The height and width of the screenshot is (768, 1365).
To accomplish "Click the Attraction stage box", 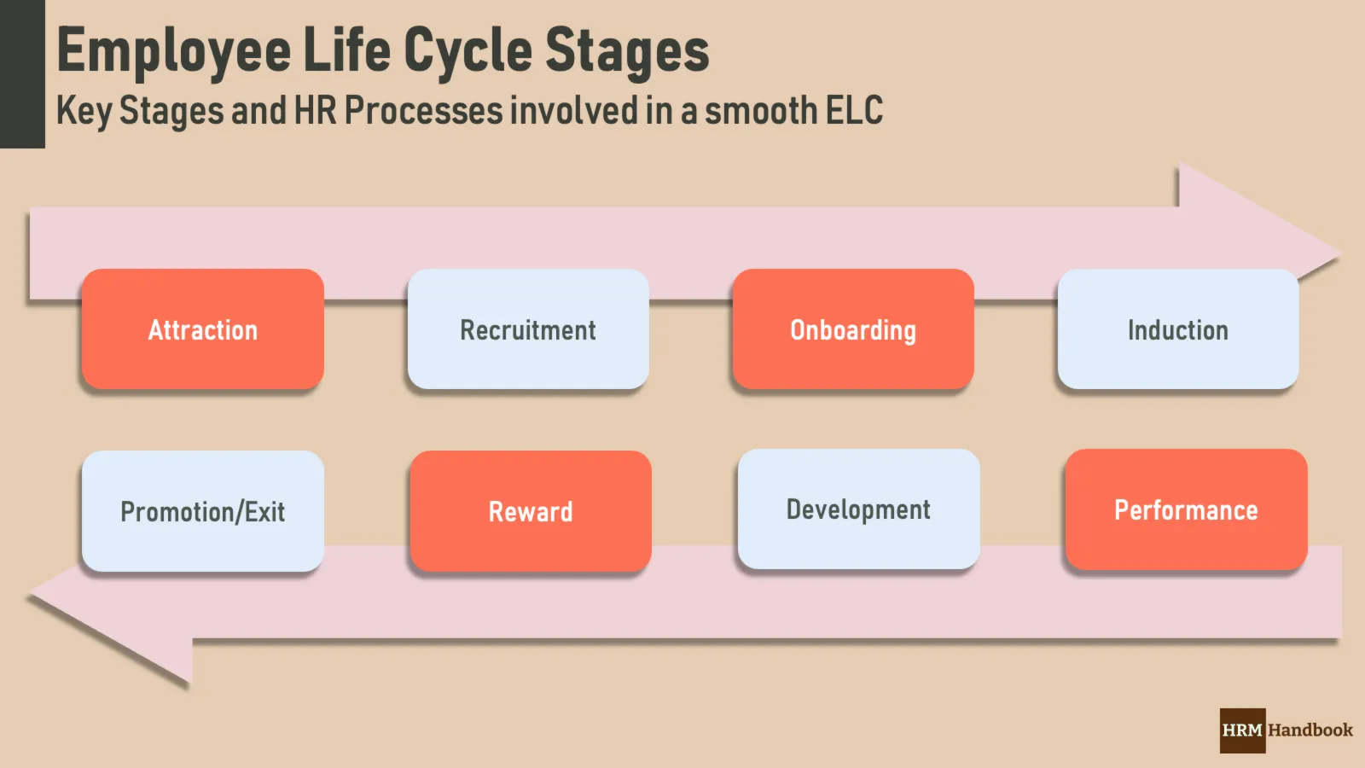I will [203, 330].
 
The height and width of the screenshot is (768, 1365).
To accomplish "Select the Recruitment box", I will [528, 330].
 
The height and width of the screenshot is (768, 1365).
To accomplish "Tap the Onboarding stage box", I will [853, 330].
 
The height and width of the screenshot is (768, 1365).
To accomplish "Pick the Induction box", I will [1178, 330].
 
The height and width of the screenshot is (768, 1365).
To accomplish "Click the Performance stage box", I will [1186, 510].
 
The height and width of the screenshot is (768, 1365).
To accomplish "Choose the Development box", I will [858, 510].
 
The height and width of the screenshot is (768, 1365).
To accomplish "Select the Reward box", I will [531, 512].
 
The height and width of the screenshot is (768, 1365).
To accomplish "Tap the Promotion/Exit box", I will [203, 512].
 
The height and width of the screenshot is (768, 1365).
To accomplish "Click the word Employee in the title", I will [174, 51].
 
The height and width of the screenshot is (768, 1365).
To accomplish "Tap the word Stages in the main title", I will [627, 51].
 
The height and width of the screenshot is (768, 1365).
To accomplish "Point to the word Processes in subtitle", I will [424, 111].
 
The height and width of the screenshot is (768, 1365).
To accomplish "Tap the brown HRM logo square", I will [1242, 730].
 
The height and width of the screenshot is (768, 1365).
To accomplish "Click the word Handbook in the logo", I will [1310, 730].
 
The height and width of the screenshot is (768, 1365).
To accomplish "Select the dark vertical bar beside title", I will [22, 74].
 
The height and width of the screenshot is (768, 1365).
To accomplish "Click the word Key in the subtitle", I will [84, 112].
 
